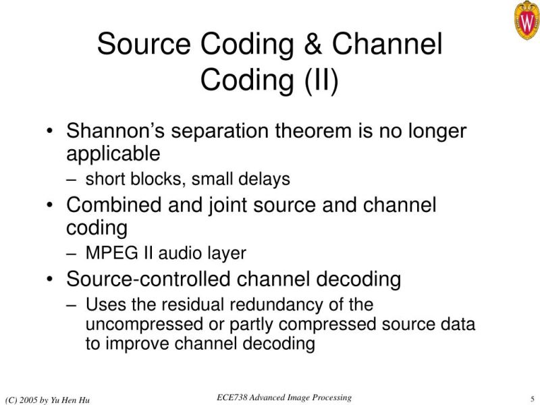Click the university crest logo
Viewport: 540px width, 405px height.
click(526, 20)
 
